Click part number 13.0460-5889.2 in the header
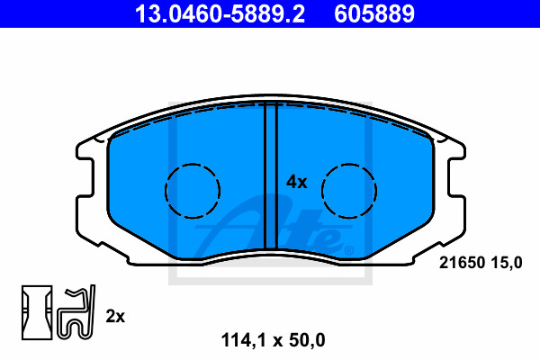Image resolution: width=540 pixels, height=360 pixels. pos(220,13)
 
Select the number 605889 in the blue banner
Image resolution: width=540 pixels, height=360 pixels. pos(374,13)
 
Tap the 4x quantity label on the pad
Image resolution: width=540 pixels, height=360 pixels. pos(296,182)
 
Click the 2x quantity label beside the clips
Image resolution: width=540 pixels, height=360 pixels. pos(115,316)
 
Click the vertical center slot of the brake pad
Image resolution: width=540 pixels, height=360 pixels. pos(271,175)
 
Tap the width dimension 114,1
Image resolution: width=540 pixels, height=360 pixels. pos(244,340)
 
